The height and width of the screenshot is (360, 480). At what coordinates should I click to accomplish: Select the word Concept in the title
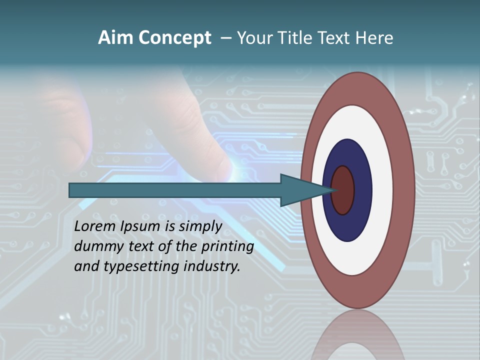coord(174,38)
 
